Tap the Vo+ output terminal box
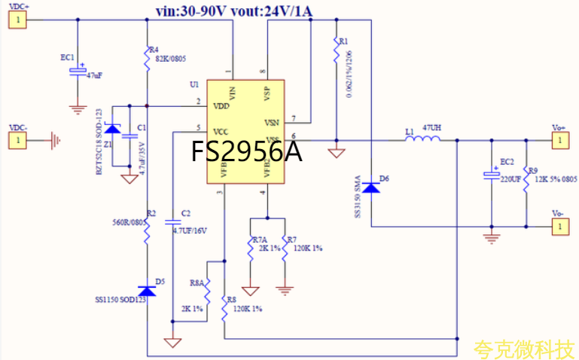click(x=558, y=139)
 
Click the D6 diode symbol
click(x=372, y=185)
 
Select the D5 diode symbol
click(x=148, y=291)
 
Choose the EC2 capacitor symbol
click(x=491, y=175)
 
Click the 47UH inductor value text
click(x=432, y=129)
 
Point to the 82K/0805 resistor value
click(x=170, y=58)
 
